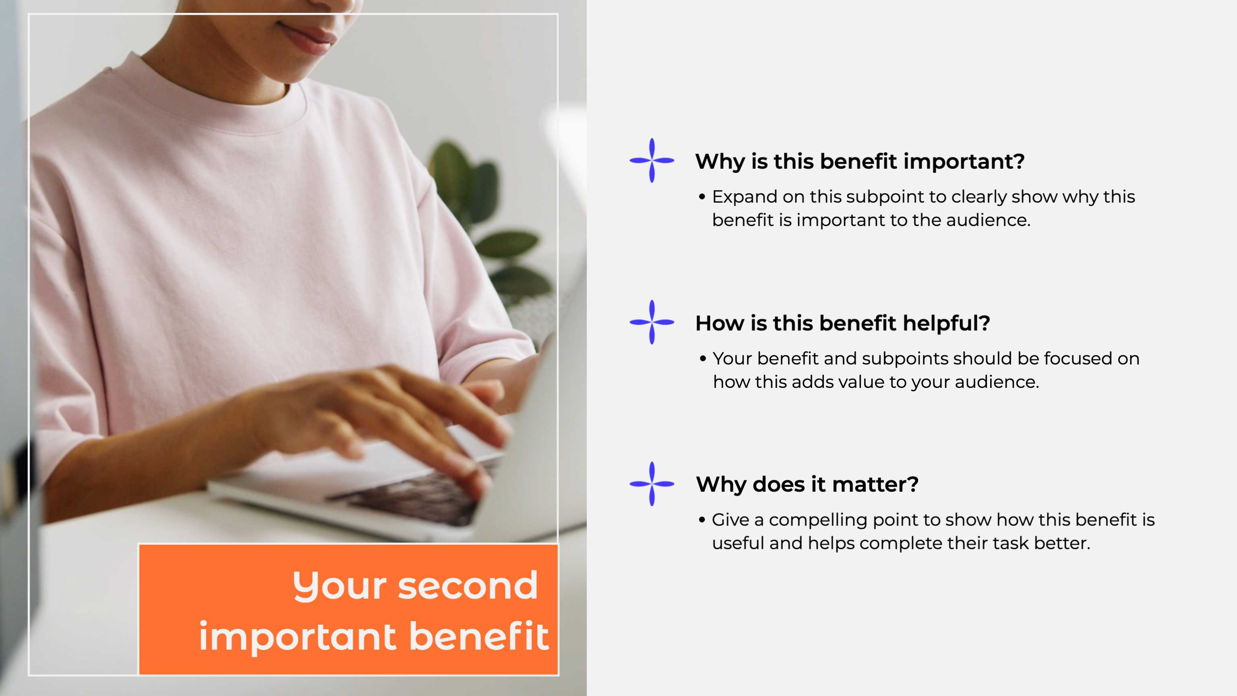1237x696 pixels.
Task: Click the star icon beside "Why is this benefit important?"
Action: click(x=652, y=160)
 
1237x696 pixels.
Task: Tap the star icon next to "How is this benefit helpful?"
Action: click(x=652, y=322)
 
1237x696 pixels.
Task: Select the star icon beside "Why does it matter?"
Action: click(x=652, y=484)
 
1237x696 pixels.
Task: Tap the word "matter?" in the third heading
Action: click(x=875, y=484)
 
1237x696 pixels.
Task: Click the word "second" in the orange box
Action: click(x=468, y=586)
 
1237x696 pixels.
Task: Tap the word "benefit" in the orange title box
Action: click(x=479, y=636)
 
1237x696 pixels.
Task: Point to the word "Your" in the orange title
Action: click(x=339, y=586)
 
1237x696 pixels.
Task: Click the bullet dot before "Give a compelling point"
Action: click(x=702, y=520)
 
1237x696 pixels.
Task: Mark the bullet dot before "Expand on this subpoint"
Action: click(x=702, y=197)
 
